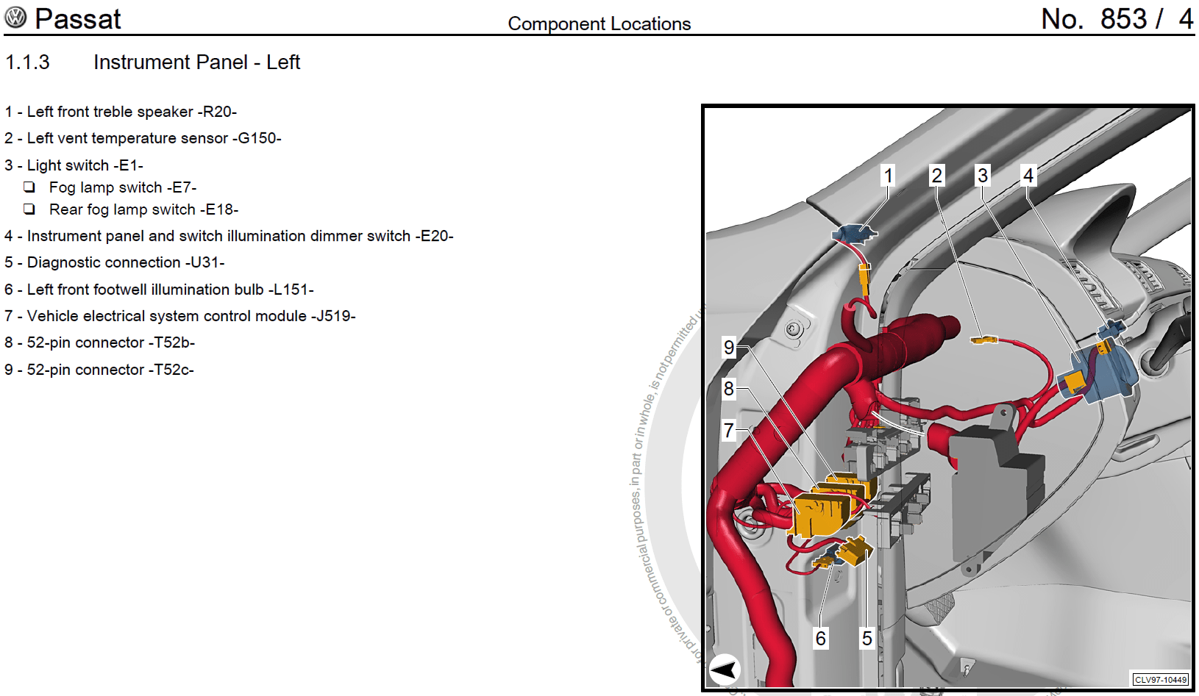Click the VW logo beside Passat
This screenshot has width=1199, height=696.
[15, 18]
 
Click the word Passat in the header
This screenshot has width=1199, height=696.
[77, 19]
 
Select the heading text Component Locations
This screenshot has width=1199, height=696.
[599, 24]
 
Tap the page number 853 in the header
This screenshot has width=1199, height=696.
[1123, 19]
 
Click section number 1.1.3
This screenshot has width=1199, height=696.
[27, 62]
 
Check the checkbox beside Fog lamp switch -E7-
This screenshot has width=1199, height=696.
[29, 187]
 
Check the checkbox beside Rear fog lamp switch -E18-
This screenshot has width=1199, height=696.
[29, 209]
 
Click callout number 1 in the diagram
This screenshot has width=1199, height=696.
[889, 176]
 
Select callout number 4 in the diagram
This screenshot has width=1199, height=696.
[1028, 176]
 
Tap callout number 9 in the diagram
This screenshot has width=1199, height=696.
[729, 347]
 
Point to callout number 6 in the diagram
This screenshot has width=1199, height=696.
[821, 638]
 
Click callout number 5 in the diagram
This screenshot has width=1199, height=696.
[867, 638]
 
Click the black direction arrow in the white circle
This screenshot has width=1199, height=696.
[725, 670]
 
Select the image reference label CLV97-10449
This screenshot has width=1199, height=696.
[1161, 680]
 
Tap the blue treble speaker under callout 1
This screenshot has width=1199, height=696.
[853, 234]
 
